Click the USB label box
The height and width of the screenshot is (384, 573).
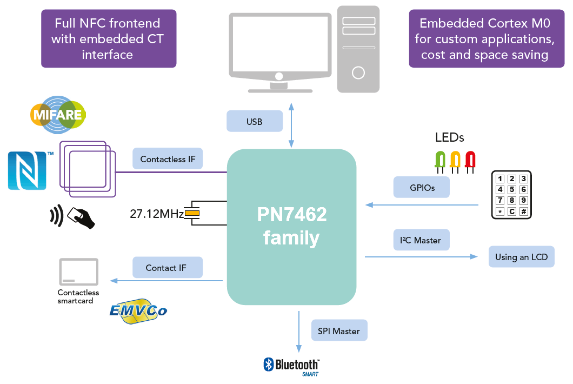255,121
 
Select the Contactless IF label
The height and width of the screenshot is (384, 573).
168,159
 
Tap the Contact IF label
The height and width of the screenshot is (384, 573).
167,268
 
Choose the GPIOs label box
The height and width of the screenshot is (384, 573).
422,188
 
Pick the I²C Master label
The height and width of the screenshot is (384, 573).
421,240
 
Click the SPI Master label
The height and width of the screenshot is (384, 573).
339,330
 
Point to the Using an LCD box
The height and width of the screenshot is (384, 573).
521,257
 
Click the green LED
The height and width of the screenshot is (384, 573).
440,160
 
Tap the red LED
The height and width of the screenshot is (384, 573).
470,160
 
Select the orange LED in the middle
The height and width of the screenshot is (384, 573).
455,160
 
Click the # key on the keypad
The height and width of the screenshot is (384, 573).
523,211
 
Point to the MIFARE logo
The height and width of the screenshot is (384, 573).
57,115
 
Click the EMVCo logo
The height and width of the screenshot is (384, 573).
138,311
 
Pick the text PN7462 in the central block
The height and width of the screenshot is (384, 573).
291,215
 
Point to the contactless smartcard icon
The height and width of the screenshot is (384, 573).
79,272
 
